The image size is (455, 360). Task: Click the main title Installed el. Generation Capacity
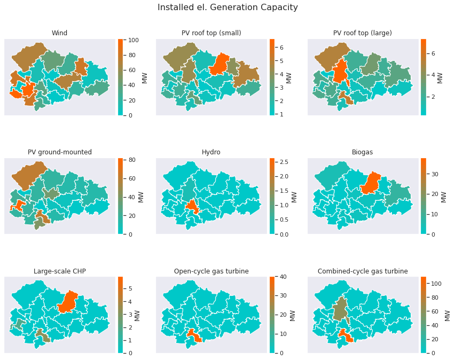click(x=227, y=7)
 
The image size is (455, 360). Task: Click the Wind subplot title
click(x=59, y=33)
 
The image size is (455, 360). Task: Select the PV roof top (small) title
click(x=211, y=33)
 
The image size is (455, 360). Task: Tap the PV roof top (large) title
click(x=363, y=33)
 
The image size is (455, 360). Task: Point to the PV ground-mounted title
click(x=60, y=152)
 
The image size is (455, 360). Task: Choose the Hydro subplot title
click(x=211, y=152)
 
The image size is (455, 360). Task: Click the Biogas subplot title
click(x=362, y=152)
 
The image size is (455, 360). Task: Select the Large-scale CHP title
click(x=60, y=271)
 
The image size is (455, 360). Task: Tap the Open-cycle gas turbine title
click(x=211, y=271)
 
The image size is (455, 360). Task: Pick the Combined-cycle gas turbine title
click(x=363, y=271)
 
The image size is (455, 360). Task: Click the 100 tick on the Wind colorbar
click(x=133, y=40)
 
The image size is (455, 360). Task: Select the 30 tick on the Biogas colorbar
click(x=434, y=174)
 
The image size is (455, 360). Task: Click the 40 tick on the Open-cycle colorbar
click(x=283, y=277)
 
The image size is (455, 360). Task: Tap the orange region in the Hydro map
click(x=192, y=206)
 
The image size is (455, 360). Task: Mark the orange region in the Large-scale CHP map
click(x=68, y=302)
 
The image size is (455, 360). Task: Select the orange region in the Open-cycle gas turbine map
click(x=194, y=335)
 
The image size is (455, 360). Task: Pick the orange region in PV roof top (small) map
click(x=219, y=65)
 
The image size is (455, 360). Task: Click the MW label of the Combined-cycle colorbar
click(x=447, y=316)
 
